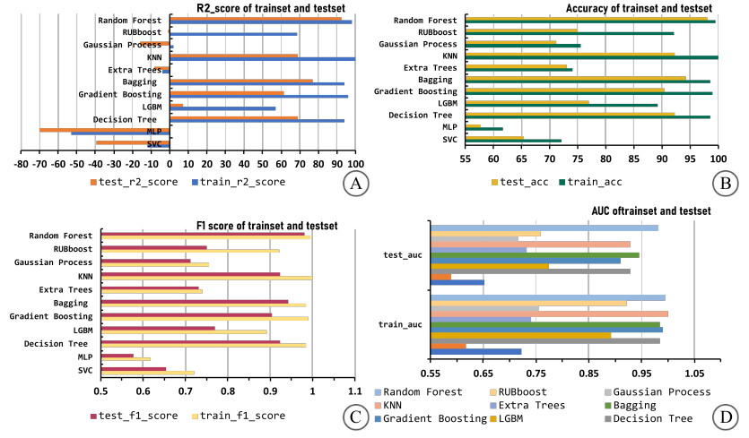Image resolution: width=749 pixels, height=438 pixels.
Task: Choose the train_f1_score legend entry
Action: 240,416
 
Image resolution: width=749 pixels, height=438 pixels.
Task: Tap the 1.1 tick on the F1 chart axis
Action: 353,389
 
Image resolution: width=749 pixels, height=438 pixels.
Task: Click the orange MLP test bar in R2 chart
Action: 104,129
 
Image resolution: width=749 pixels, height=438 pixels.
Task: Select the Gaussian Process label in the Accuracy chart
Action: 417,44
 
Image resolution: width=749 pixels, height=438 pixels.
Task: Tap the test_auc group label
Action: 402,255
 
